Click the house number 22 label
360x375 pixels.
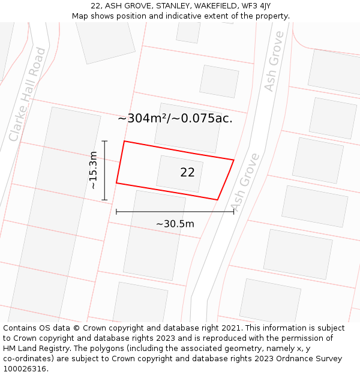(x=187, y=173)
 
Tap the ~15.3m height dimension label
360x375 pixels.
(x=93, y=170)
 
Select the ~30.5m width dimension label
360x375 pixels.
(x=175, y=224)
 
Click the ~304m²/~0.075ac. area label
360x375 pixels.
(x=175, y=119)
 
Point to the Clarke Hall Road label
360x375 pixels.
(x=28, y=94)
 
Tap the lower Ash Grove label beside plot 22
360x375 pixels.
(x=245, y=182)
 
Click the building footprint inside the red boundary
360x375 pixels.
(x=179, y=173)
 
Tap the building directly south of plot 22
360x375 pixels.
(x=146, y=235)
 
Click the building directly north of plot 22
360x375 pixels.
(x=188, y=128)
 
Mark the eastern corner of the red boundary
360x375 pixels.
(x=233, y=160)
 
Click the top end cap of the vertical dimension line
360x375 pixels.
(x=104, y=141)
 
